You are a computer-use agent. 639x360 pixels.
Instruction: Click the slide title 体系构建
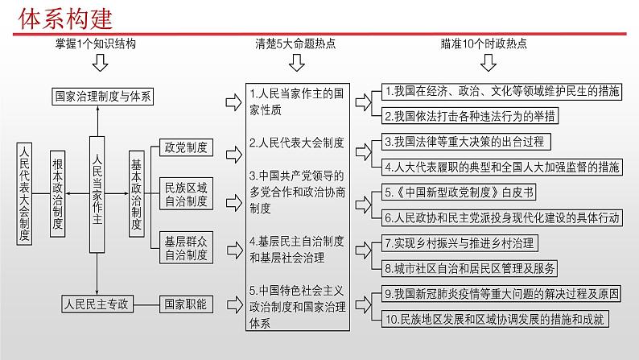(65, 19)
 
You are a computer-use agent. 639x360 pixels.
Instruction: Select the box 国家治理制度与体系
(103, 97)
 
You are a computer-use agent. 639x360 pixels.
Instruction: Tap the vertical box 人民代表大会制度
(24, 193)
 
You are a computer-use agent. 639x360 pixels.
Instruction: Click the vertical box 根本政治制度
(57, 193)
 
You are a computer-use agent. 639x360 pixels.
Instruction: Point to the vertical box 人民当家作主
(97, 194)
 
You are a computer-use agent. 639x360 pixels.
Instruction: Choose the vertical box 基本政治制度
(137, 193)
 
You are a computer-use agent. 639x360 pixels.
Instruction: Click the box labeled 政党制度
(186, 147)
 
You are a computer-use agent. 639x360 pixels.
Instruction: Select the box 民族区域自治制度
(186, 194)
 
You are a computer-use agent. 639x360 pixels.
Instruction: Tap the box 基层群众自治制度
(186, 248)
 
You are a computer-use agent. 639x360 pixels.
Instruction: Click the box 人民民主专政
(97, 304)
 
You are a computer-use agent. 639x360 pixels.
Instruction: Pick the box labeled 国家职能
(186, 304)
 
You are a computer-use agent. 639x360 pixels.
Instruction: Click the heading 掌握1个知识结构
(96, 43)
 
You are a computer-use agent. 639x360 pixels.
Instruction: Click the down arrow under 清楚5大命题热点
(297, 63)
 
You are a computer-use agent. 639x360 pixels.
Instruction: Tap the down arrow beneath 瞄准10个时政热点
(489, 63)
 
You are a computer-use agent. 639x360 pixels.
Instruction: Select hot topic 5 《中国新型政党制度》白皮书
(459, 192)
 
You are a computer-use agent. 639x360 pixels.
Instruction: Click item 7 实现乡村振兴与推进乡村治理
(460, 243)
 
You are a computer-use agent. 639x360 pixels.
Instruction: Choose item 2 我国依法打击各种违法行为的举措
(470, 116)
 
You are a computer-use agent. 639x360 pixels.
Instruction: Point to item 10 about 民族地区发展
(495, 319)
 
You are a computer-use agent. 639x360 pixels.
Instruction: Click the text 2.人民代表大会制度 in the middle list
(297, 143)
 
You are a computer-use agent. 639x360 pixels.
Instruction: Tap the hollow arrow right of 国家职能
(235, 304)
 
